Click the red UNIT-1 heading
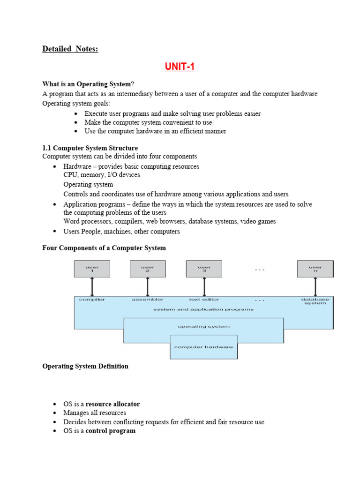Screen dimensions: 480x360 tap(180, 67)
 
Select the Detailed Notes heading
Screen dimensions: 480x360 tap(70, 49)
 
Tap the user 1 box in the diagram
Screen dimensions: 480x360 tap(92, 269)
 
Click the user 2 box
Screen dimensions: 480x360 tap(148, 269)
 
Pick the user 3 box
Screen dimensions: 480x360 tap(204, 269)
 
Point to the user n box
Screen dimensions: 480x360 tap(315, 269)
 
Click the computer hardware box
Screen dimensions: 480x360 tap(203, 347)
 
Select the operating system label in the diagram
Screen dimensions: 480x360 tap(203, 326)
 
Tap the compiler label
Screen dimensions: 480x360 tap(92, 299)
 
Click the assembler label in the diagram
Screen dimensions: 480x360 tap(148, 299)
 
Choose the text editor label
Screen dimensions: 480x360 tap(204, 299)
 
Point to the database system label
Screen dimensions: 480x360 tap(315, 301)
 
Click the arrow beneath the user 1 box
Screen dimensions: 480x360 tap(92, 286)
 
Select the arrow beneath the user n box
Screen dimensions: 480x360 tap(315, 286)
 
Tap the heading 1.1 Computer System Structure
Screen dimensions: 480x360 tap(90, 148)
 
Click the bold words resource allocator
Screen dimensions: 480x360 tap(112, 404)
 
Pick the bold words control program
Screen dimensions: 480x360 tap(111, 431)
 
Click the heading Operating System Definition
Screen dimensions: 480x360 tap(85, 366)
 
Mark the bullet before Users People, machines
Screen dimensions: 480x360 tap(55, 231)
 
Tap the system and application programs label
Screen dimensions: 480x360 tap(203, 309)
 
